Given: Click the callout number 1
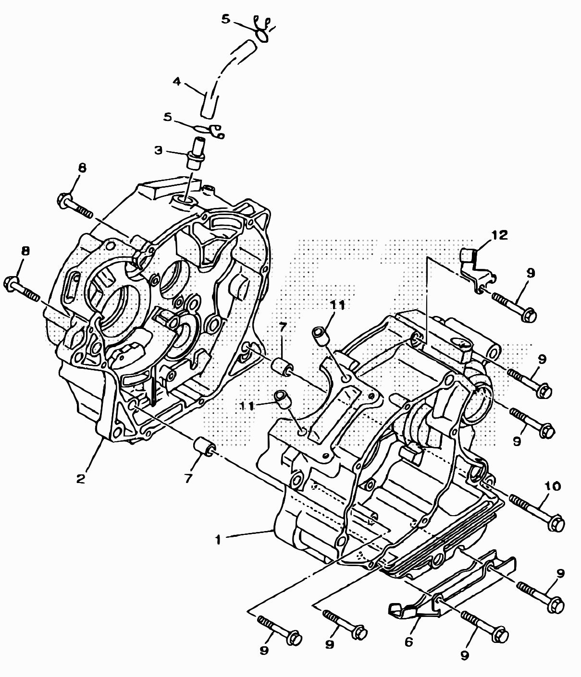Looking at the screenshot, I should tap(218, 540).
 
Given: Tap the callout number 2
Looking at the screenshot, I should tap(80, 478).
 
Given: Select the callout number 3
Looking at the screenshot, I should tap(159, 150).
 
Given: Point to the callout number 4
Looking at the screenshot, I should tap(176, 82).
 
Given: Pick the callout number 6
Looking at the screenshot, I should tap(408, 642).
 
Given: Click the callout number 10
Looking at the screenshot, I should tap(553, 486).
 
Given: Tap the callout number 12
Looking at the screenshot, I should tap(500, 235).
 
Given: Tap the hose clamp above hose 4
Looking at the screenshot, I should tap(262, 30).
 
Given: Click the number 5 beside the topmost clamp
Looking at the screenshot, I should tap(226, 19).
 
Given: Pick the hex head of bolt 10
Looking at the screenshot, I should tap(556, 522).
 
